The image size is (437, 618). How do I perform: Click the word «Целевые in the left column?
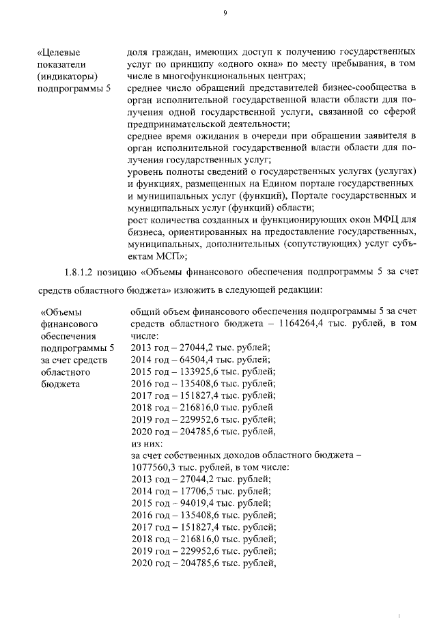61,51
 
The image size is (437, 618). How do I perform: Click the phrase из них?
145,443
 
